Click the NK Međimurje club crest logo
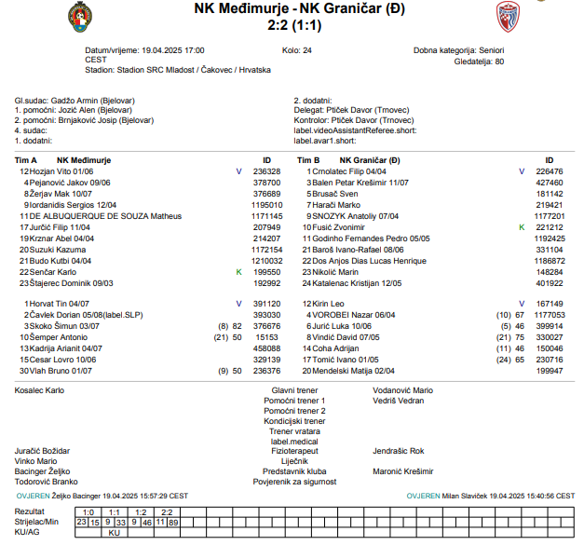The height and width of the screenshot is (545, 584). [x=81, y=16]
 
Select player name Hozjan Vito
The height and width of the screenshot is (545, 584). [x=52, y=172]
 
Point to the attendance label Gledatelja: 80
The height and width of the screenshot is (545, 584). [x=473, y=61]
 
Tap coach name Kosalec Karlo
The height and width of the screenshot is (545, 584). [x=41, y=390]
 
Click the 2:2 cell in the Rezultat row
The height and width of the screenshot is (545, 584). [x=168, y=511]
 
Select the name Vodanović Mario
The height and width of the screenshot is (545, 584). [x=403, y=390]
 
